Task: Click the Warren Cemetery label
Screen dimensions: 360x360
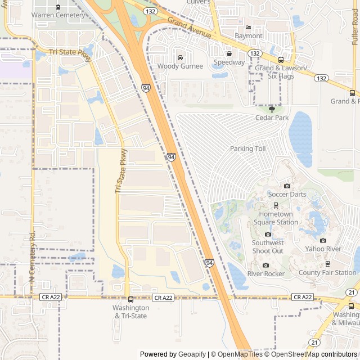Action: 58,15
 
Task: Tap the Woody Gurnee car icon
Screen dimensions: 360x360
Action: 180,57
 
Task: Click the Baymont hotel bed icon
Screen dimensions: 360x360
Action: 248,28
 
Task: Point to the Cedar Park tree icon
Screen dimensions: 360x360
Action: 272,109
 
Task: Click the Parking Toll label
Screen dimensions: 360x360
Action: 247,148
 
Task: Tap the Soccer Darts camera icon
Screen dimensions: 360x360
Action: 287,186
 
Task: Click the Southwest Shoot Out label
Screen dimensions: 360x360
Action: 268,247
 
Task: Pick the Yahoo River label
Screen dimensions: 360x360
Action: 323,249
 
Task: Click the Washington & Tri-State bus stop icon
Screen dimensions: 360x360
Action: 130,299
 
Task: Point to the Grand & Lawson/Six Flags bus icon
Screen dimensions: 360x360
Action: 281,60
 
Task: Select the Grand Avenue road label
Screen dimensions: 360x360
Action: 189,28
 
